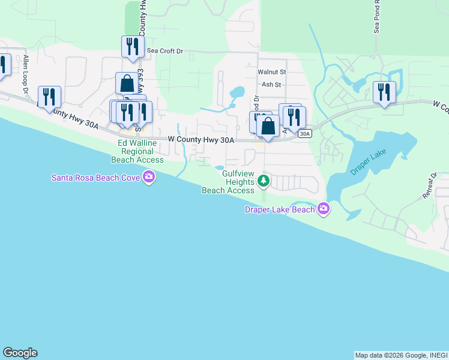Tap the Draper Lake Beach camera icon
pos(324,209)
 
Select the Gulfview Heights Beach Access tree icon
pos(262,180)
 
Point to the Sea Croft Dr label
pos(164,52)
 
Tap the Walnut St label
pos(272,71)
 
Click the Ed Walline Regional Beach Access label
pos(137,151)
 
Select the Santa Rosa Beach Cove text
pos(96,177)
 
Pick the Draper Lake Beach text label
pos(280,209)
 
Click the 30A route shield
pos(305,134)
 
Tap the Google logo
pos(20,353)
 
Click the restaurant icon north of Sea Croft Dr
pos(132,46)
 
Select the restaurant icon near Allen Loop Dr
pos(49,96)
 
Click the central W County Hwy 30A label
pos(200,139)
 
